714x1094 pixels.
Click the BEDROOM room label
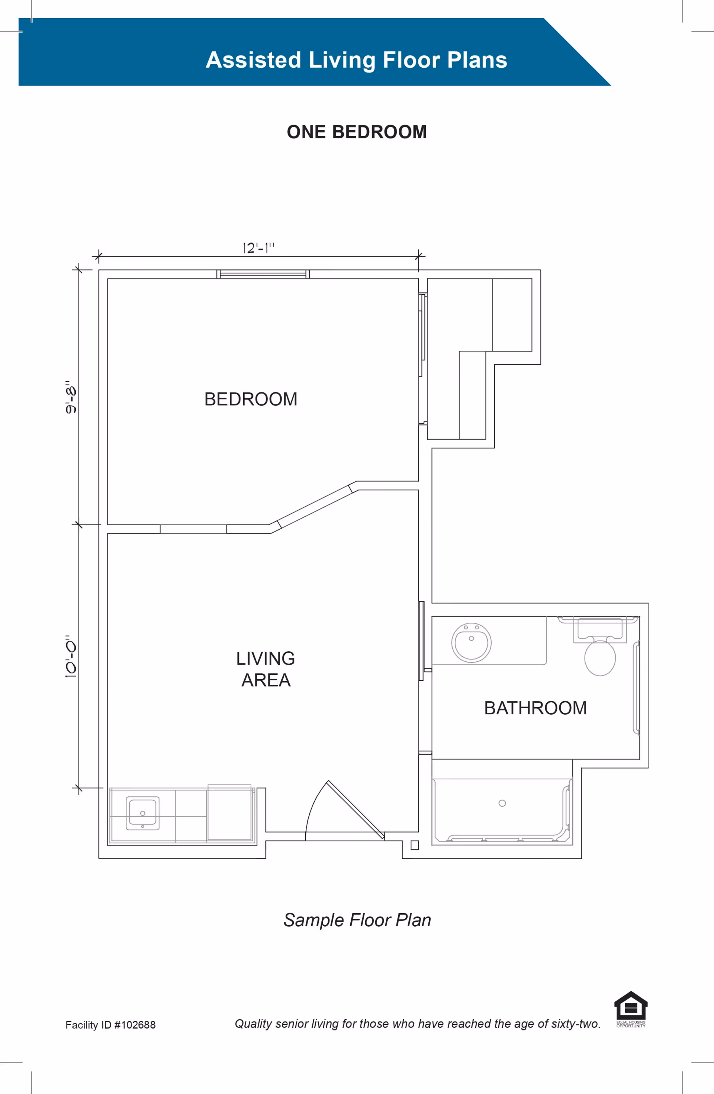pyautogui.click(x=251, y=399)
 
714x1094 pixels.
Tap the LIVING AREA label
pyautogui.click(x=266, y=669)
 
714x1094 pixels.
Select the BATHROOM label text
pyautogui.click(x=535, y=708)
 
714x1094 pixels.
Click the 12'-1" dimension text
pyautogui.click(x=258, y=248)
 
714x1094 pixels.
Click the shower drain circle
pyautogui.click(x=502, y=803)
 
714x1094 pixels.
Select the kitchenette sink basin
pyautogui.click(x=142, y=813)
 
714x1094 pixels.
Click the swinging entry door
pyautogui.click(x=355, y=809)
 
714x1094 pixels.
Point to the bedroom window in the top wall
pyautogui.click(x=263, y=275)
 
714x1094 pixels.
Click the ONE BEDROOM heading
pyautogui.click(x=357, y=132)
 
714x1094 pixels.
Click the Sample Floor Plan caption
pyautogui.click(x=357, y=920)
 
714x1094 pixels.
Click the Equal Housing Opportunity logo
pyautogui.click(x=631, y=1008)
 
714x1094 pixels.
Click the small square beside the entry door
pyautogui.click(x=414, y=845)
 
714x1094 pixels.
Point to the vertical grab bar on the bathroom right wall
pyautogui.click(x=636, y=688)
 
